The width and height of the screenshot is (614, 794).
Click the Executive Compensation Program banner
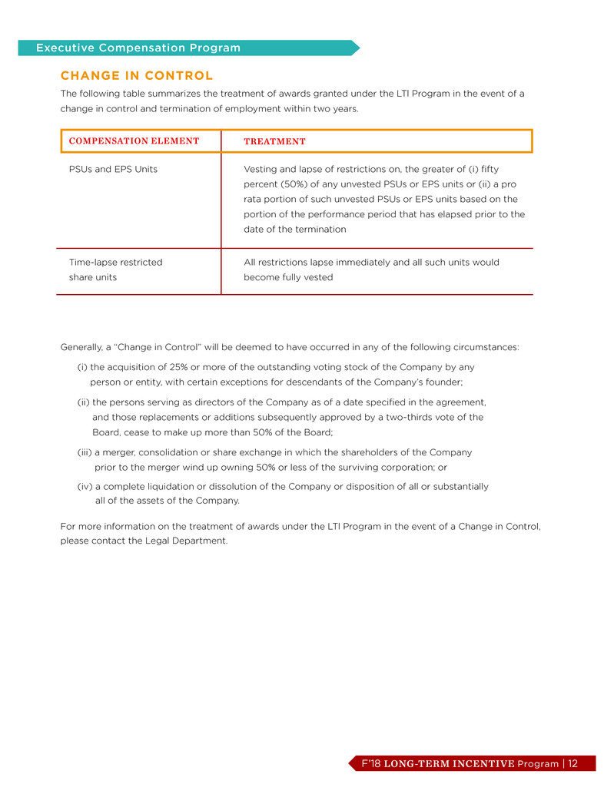point(138,48)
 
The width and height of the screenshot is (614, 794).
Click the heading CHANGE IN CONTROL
point(136,75)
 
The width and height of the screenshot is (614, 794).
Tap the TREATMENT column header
point(274,141)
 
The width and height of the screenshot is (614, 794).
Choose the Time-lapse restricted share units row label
point(115,270)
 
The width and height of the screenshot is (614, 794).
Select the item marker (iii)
point(85,452)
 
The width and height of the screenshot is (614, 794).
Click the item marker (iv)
point(85,487)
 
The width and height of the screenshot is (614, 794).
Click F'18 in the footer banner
point(372,763)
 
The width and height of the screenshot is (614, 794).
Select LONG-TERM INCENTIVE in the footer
point(450,763)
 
